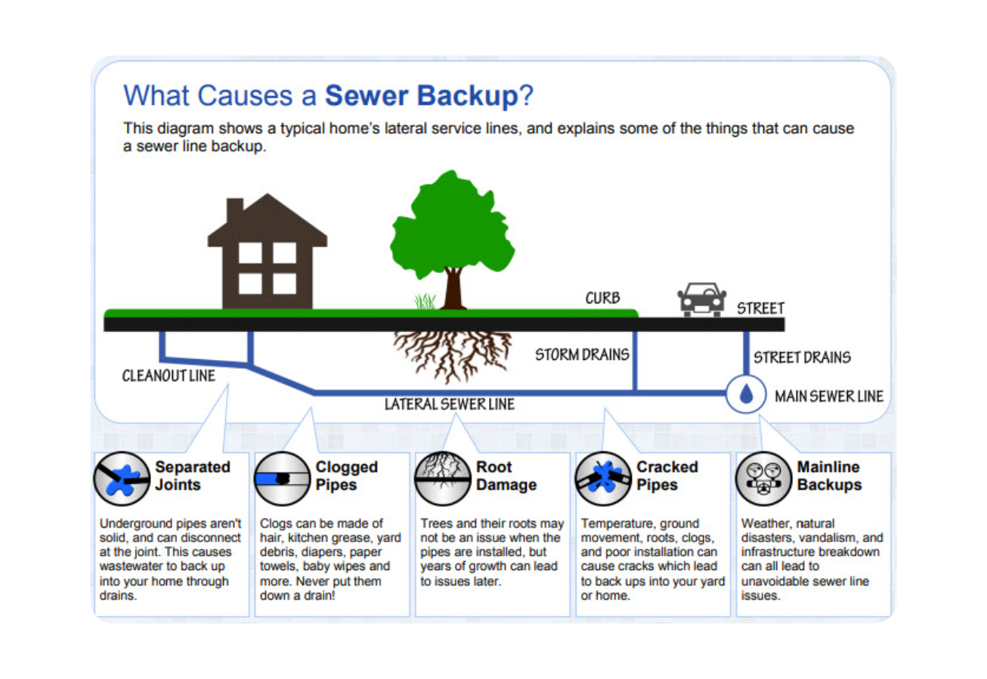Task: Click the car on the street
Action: coord(703,300)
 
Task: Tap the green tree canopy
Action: coord(451,225)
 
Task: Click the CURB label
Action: coord(602,298)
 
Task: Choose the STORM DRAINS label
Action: coord(582,355)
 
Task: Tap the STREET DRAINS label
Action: coord(802,356)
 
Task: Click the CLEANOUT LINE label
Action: coord(169,375)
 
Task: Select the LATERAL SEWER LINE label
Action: coord(450,405)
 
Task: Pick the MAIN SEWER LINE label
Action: coord(828,395)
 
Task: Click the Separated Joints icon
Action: coord(121,479)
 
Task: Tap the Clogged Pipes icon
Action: coord(282,479)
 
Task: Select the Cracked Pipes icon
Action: coord(603,479)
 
